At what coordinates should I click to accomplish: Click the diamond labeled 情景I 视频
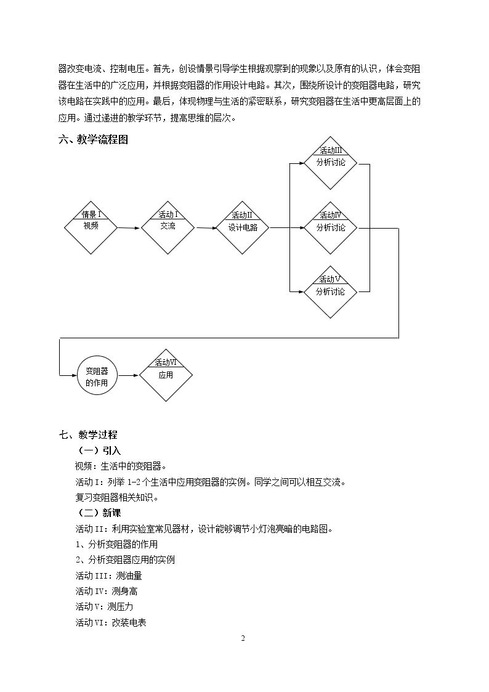click(91, 228)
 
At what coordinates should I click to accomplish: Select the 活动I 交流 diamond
click(168, 228)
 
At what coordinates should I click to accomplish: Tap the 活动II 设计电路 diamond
click(243, 228)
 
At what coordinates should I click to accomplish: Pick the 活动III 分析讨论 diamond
click(330, 163)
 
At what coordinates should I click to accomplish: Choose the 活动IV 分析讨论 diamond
click(330, 228)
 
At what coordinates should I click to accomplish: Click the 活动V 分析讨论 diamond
click(330, 291)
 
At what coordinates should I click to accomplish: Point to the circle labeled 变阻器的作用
click(97, 375)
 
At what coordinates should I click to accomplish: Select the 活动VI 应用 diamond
click(166, 375)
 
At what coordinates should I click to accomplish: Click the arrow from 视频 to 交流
click(129, 228)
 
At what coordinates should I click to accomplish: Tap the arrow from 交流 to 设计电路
click(206, 228)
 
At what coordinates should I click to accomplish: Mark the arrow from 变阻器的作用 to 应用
click(128, 375)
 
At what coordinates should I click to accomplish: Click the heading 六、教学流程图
click(94, 140)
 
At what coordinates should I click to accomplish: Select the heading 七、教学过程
click(88, 434)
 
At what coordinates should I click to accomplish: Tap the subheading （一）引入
click(99, 450)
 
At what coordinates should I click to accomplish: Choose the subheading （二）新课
click(99, 513)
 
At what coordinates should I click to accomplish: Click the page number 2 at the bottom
click(243, 638)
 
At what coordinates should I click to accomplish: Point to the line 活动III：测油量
click(109, 576)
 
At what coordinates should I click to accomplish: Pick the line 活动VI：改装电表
click(111, 622)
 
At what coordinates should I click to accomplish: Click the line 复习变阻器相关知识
click(117, 497)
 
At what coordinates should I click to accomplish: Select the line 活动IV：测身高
click(107, 591)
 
